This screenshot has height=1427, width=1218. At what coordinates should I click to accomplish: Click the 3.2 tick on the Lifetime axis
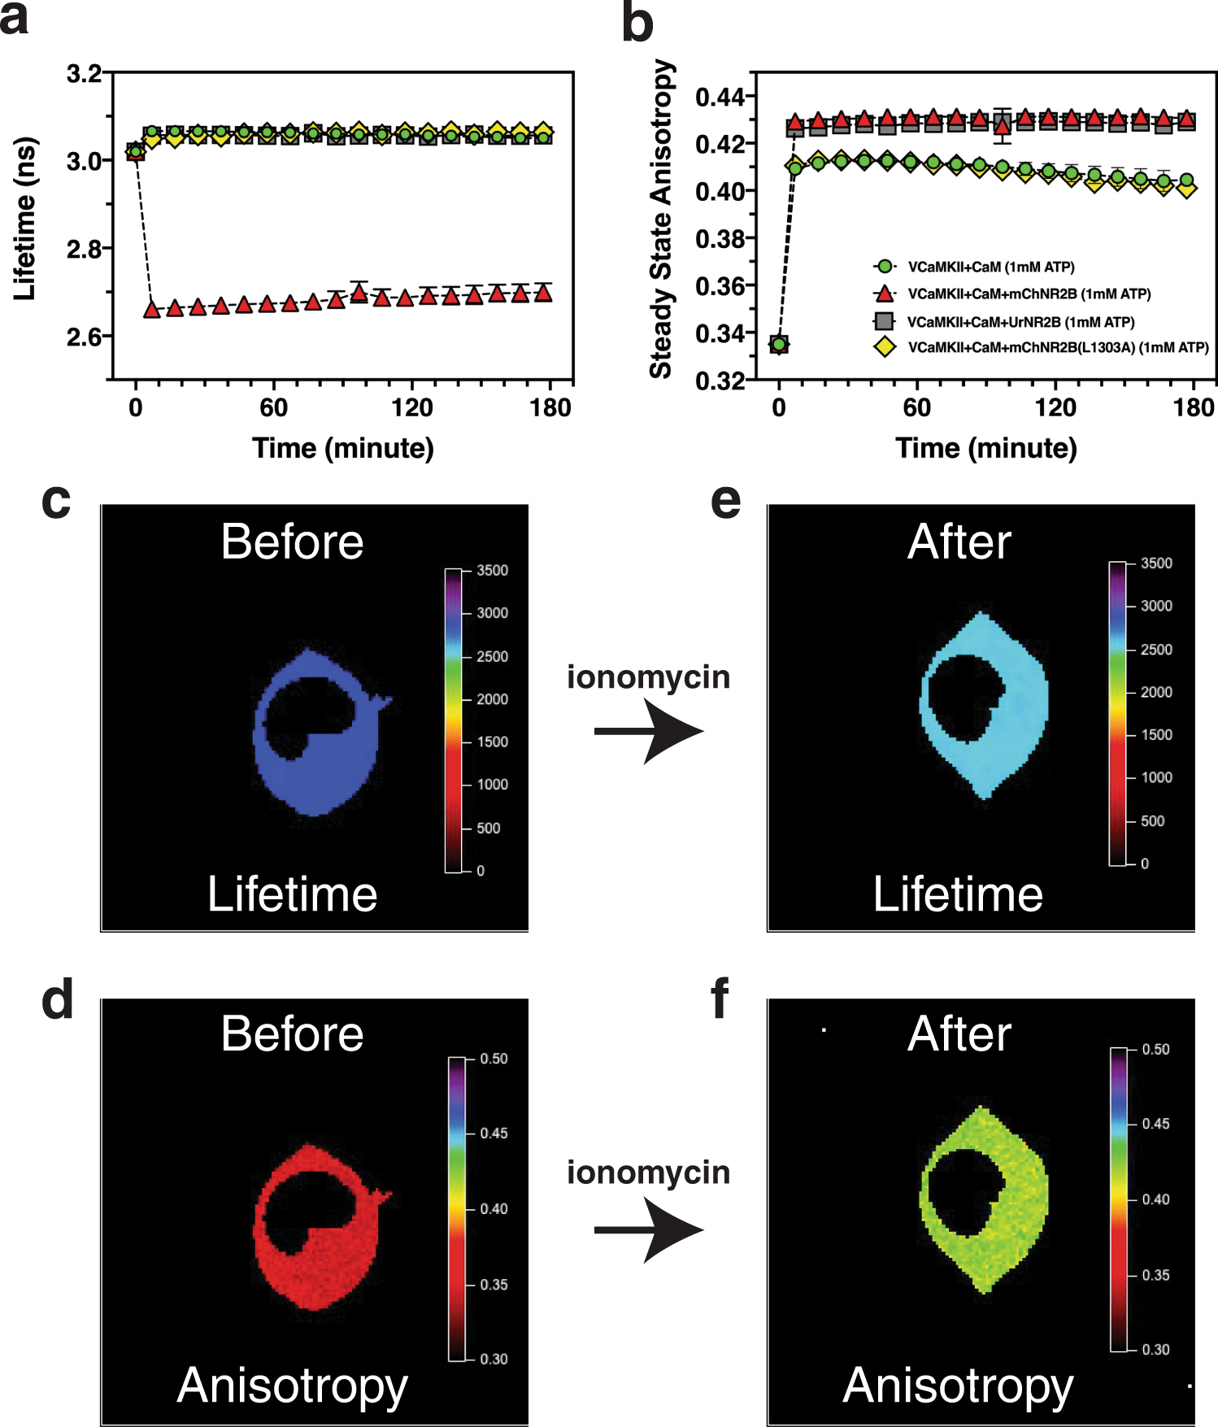coord(84,74)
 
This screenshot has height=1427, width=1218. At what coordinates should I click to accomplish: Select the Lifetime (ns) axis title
coord(25,219)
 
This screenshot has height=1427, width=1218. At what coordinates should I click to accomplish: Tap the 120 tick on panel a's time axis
coord(411,407)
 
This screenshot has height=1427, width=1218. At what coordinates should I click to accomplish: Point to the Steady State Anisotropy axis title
coord(662,219)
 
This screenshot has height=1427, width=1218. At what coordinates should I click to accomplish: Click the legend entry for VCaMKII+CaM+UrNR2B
coord(1020,322)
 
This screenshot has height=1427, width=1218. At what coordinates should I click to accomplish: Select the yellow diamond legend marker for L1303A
coord(885,348)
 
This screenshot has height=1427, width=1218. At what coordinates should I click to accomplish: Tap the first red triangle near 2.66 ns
coord(151,310)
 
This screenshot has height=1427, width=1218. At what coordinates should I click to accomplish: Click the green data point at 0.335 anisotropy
coord(779,345)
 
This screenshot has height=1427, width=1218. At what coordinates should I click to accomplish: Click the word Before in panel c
coord(292,542)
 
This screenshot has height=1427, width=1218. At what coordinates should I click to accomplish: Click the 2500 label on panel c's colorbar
coord(492,656)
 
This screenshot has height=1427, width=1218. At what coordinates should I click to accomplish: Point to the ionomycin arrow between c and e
coord(648,731)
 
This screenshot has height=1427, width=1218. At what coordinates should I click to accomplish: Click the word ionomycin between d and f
coord(648,1172)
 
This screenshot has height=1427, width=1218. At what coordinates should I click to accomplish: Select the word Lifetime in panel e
coord(958,894)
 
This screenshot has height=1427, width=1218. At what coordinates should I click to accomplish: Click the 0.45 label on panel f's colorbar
coord(1155,1124)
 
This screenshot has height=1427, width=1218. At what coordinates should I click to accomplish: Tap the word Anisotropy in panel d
coord(292,1386)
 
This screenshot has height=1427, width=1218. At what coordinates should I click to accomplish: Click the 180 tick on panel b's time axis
coord(1193,407)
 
